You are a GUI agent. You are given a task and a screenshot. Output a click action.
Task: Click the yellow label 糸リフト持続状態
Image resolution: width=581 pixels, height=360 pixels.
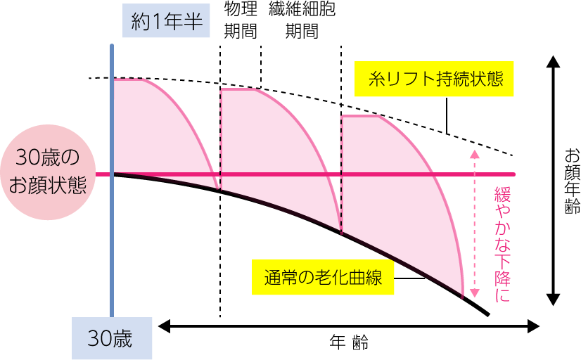pyautogui.click(x=434, y=79)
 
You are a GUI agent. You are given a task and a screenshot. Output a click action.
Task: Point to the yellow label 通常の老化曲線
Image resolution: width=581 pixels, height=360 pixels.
pyautogui.click(x=323, y=278)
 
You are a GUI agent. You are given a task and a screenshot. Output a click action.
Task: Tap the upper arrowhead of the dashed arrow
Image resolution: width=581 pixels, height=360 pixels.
pyautogui.click(x=474, y=154)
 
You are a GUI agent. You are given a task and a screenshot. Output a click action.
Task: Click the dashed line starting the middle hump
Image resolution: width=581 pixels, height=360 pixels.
pyautogui.click(x=221, y=137)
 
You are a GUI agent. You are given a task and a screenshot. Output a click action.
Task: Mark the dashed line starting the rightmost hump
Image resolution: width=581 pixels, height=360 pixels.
pyautogui.click(x=341, y=172)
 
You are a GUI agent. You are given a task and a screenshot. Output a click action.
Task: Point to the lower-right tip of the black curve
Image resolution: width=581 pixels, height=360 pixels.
pyautogui.click(x=463, y=296)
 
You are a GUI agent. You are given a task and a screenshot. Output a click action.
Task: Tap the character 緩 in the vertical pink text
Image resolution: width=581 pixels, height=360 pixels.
pyautogui.click(x=502, y=195)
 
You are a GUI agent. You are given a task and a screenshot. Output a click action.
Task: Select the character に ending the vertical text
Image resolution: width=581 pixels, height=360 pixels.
pyautogui.click(x=502, y=295)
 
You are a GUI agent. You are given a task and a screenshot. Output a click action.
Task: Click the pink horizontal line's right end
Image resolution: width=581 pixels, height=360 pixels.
pyautogui.click(x=513, y=174)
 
